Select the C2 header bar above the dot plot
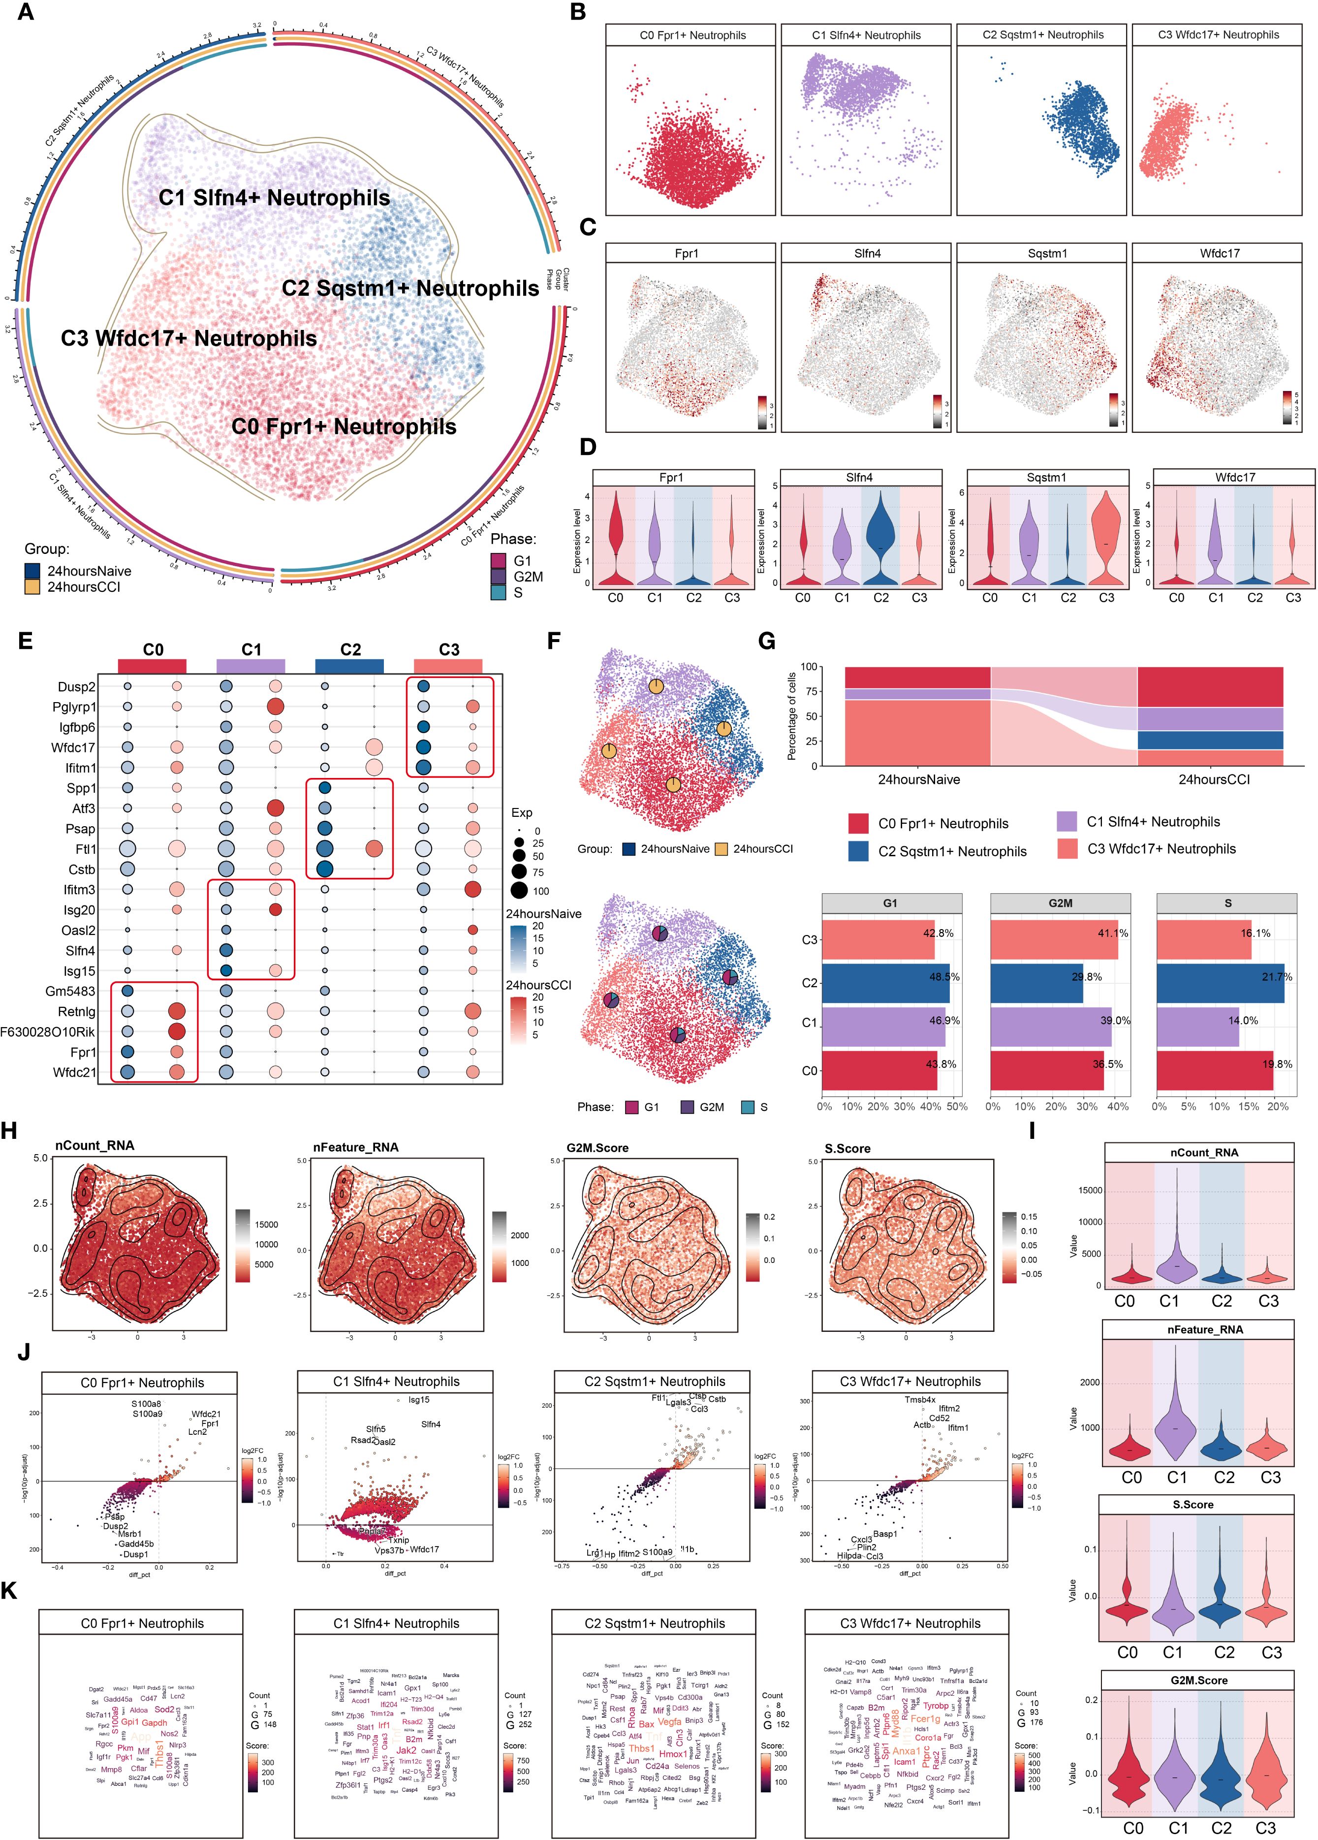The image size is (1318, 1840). pyautogui.click(x=350, y=665)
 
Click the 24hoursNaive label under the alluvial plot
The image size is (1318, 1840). pyautogui.click(x=918, y=779)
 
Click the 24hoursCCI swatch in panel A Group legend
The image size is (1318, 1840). pyautogui.click(x=32, y=586)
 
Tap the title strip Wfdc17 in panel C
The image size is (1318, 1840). pyautogui.click(x=1219, y=254)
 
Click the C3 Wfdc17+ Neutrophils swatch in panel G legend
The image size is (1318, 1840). pyautogui.click(x=1067, y=849)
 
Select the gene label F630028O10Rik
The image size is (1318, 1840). pyautogui.click(x=48, y=1032)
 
